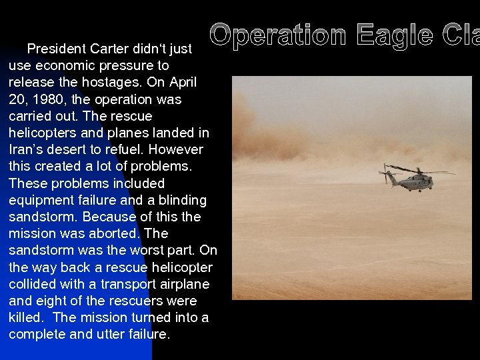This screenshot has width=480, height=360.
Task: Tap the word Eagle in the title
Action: tap(394, 35)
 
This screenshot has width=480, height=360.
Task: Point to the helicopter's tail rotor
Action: tap(385, 175)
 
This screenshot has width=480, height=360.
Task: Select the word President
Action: tap(57, 49)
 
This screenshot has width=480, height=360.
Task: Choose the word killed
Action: tap(26, 317)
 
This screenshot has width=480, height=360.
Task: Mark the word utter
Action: tap(107, 334)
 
